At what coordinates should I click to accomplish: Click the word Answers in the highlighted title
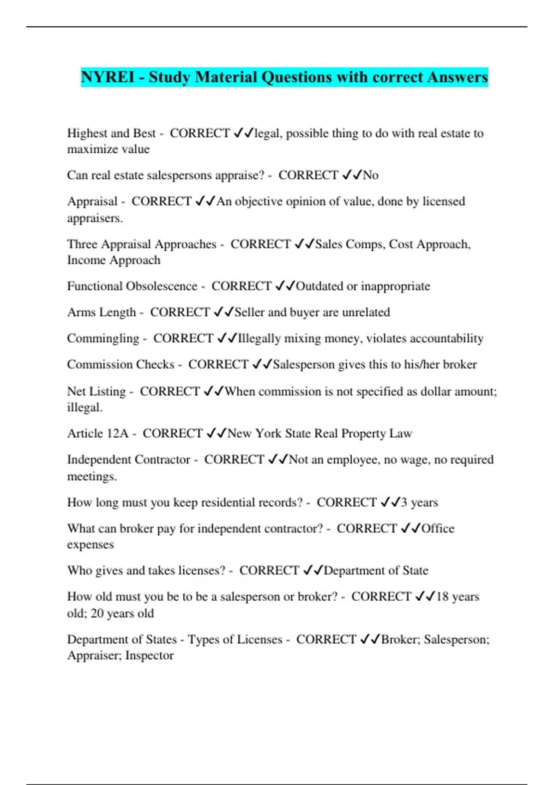(457, 77)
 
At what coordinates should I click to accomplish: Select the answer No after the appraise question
(371, 175)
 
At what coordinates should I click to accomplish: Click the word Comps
(366, 244)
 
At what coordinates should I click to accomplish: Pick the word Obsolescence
(162, 286)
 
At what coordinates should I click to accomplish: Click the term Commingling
(103, 338)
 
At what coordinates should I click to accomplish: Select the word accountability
(446, 338)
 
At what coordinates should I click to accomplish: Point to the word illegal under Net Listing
(84, 407)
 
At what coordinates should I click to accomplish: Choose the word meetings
(91, 476)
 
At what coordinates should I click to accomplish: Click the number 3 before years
(404, 502)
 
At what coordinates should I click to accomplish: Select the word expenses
(90, 544)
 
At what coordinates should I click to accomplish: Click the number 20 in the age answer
(97, 613)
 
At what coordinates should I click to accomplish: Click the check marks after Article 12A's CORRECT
(217, 433)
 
